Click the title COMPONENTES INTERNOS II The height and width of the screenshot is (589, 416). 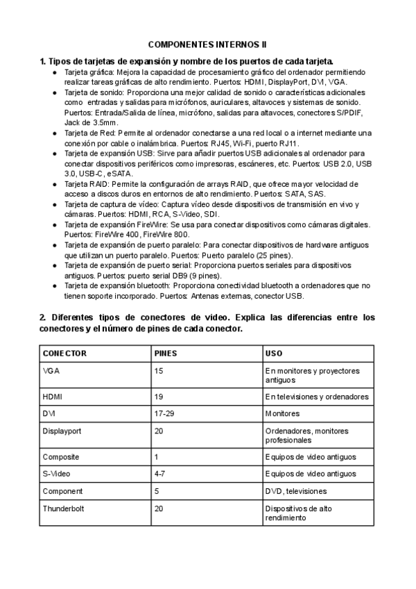coord(207,44)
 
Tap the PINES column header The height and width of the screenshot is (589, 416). coord(166,354)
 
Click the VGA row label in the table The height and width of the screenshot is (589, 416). coord(51,371)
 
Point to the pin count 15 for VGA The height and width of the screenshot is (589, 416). coord(159,371)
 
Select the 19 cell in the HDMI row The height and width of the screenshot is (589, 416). coord(159,397)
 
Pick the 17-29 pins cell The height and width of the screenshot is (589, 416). coord(164,413)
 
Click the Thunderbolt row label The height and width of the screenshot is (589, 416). coord(63,508)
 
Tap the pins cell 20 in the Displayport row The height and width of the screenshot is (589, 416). coord(159,431)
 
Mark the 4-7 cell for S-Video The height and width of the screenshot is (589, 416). coord(160,474)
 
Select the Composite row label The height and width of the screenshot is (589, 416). coord(61,457)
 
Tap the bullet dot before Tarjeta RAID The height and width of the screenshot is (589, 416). coord(55,184)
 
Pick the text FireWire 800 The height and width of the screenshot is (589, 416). coord(166,235)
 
